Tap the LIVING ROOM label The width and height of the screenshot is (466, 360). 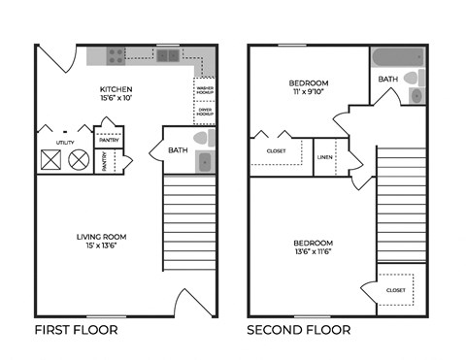pos(102,236)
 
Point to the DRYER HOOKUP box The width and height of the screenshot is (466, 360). pos(205,113)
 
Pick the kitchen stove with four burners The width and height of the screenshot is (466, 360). pos(116,55)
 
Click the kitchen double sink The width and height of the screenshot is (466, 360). pos(168,55)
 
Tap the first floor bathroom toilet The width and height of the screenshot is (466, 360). pos(203,139)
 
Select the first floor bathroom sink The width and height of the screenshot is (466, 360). pos(205,161)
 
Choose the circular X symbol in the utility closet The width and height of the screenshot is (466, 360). pos(79,158)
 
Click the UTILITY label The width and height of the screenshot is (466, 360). pos(65,142)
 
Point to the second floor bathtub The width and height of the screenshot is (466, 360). pos(393,55)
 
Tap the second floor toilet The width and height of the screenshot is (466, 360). pos(413,77)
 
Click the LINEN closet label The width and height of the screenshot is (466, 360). pos(324,157)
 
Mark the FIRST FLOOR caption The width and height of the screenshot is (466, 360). pos(76,330)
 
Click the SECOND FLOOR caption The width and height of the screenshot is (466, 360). pos(298,330)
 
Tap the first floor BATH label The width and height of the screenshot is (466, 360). pos(178,149)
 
